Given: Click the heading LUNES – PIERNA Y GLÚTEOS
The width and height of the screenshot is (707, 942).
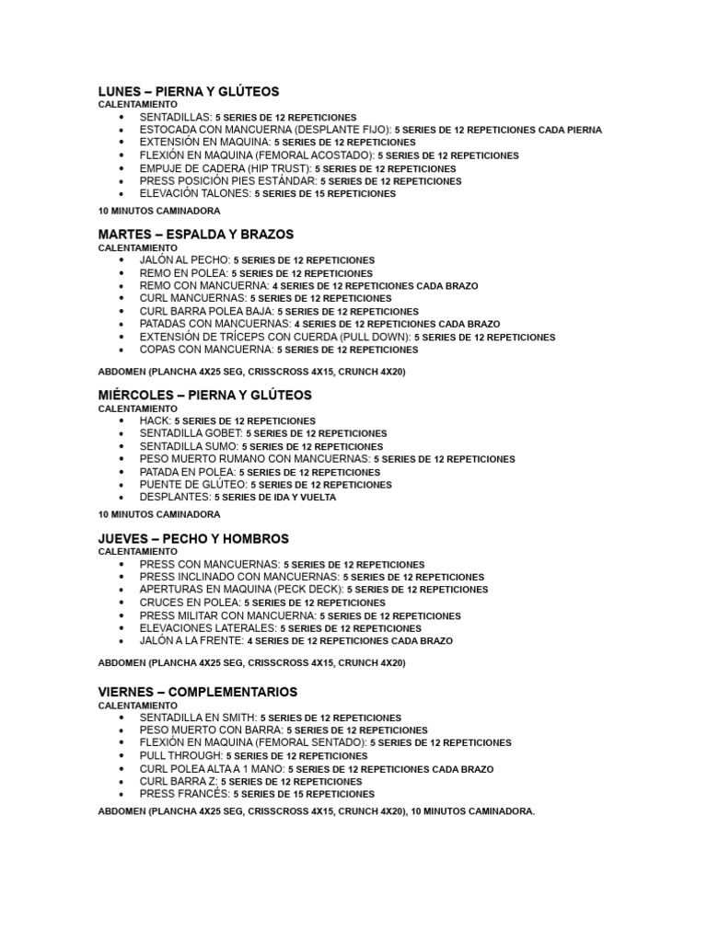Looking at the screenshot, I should tap(188, 92).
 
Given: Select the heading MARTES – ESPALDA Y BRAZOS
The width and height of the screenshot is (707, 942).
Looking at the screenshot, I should tap(195, 235).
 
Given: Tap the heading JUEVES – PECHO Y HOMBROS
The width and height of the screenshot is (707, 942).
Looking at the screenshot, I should tap(193, 538).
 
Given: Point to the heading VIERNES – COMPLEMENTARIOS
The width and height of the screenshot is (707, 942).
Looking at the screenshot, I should tap(197, 691).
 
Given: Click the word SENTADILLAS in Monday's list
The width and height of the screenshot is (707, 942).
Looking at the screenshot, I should tap(175, 118).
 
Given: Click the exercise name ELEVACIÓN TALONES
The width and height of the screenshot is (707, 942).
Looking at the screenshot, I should tap(194, 194).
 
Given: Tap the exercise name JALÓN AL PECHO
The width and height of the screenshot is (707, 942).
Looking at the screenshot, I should tap(184, 260).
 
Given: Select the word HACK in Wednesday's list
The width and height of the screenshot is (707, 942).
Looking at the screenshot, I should tap(155, 420).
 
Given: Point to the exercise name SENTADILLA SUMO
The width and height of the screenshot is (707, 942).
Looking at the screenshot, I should tap(189, 446).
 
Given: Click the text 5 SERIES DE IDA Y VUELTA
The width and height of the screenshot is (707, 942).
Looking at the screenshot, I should tap(275, 498).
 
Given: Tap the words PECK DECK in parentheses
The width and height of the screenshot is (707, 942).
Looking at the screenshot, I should tap(311, 589).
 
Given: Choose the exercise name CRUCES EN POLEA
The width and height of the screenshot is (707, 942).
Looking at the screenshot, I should tap(190, 603).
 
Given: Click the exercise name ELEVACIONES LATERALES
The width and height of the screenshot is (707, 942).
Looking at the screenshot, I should tap(207, 628).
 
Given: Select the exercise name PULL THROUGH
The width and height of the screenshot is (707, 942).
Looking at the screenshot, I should tap(180, 755).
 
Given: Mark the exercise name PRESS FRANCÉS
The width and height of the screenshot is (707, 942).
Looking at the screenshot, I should tap(183, 793).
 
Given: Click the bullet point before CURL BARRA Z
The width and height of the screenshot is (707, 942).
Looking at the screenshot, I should tap(122, 781).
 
